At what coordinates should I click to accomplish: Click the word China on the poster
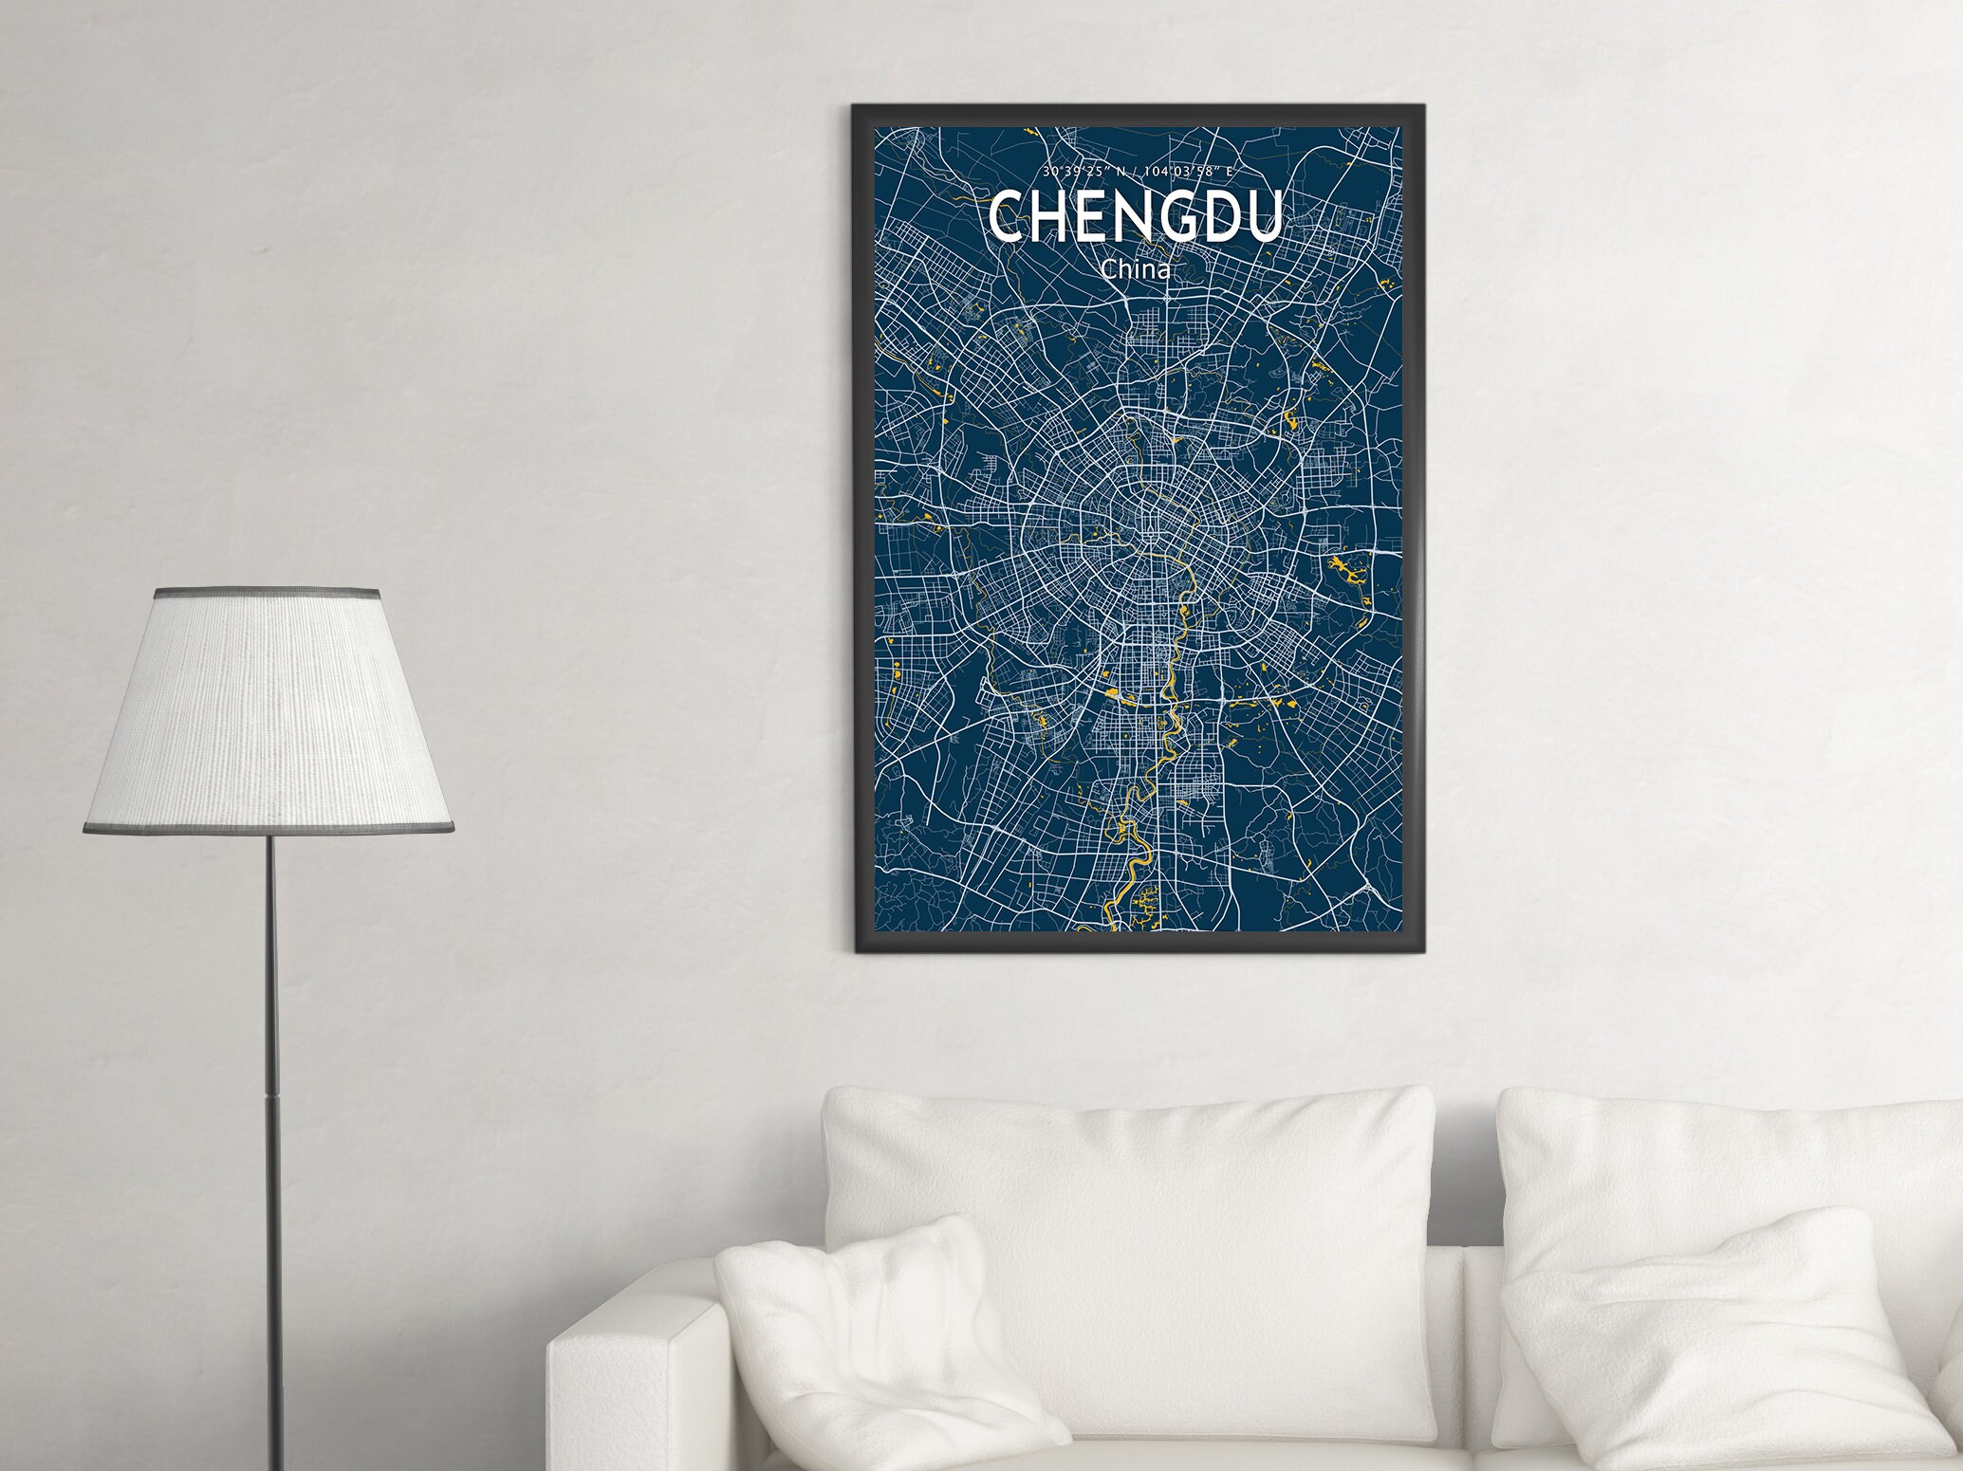[1135, 269]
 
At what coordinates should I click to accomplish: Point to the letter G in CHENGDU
[1174, 217]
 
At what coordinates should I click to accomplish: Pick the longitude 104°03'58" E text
[1187, 172]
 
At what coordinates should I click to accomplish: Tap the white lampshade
[269, 711]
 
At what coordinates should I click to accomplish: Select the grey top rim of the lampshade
[268, 594]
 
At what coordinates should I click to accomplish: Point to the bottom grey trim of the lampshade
[269, 829]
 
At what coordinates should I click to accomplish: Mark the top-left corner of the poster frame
[855, 107]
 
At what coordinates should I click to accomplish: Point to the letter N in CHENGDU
[1130, 217]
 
